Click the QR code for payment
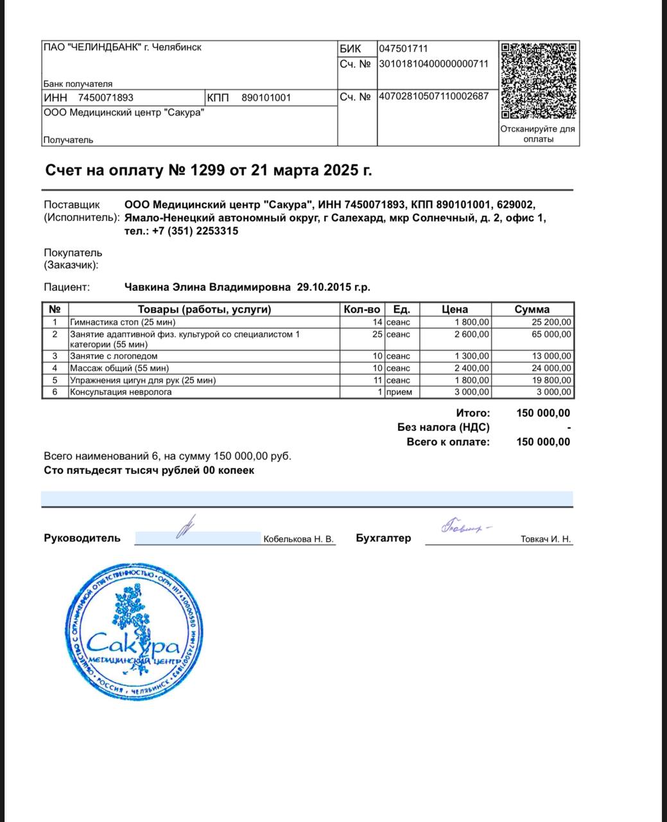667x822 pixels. (x=539, y=80)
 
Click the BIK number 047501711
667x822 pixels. (x=403, y=49)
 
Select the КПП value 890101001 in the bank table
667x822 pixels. (x=266, y=98)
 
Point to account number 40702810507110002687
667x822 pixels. (x=433, y=96)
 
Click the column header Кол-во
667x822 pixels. (x=362, y=310)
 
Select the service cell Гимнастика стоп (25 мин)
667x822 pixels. (x=122, y=322)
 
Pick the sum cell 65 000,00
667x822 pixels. (x=550, y=335)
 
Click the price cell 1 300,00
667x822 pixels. (x=472, y=356)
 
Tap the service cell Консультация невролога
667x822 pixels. (x=121, y=392)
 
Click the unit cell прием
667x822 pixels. (x=399, y=392)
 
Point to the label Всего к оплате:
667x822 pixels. (x=447, y=442)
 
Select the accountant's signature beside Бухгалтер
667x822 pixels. (x=463, y=527)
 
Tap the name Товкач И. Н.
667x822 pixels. (x=545, y=539)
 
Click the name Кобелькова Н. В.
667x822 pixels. (x=299, y=539)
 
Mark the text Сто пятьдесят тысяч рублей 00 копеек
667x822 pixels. (x=149, y=470)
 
